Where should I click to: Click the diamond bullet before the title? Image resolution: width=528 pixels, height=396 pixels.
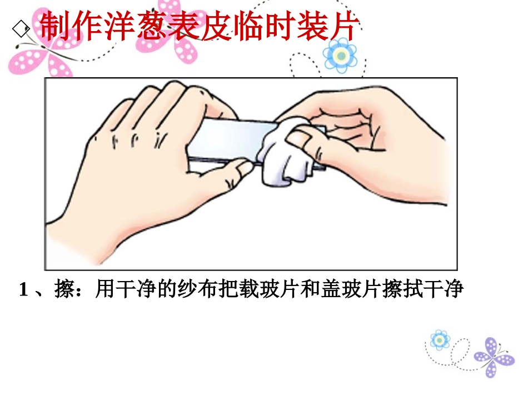(21, 28)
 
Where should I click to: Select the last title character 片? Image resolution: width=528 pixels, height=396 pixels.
(343, 26)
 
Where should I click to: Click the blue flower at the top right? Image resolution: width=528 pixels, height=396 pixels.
(341, 55)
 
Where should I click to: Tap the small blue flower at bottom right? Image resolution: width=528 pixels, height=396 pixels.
(439, 340)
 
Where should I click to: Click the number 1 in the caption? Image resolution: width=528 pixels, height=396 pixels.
(23, 290)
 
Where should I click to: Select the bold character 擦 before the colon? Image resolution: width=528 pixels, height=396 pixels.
(64, 289)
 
